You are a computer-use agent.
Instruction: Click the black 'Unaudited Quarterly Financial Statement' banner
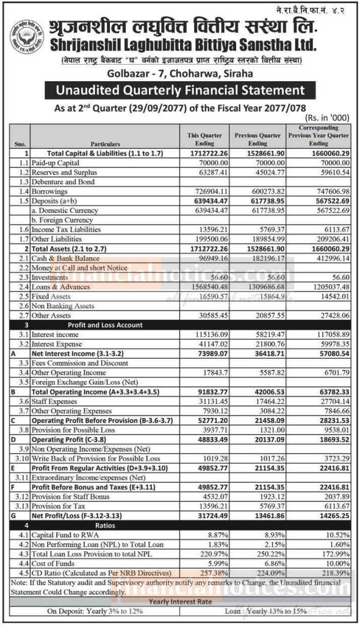pos(180,91)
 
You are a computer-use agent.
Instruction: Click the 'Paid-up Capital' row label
pos(59,164)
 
